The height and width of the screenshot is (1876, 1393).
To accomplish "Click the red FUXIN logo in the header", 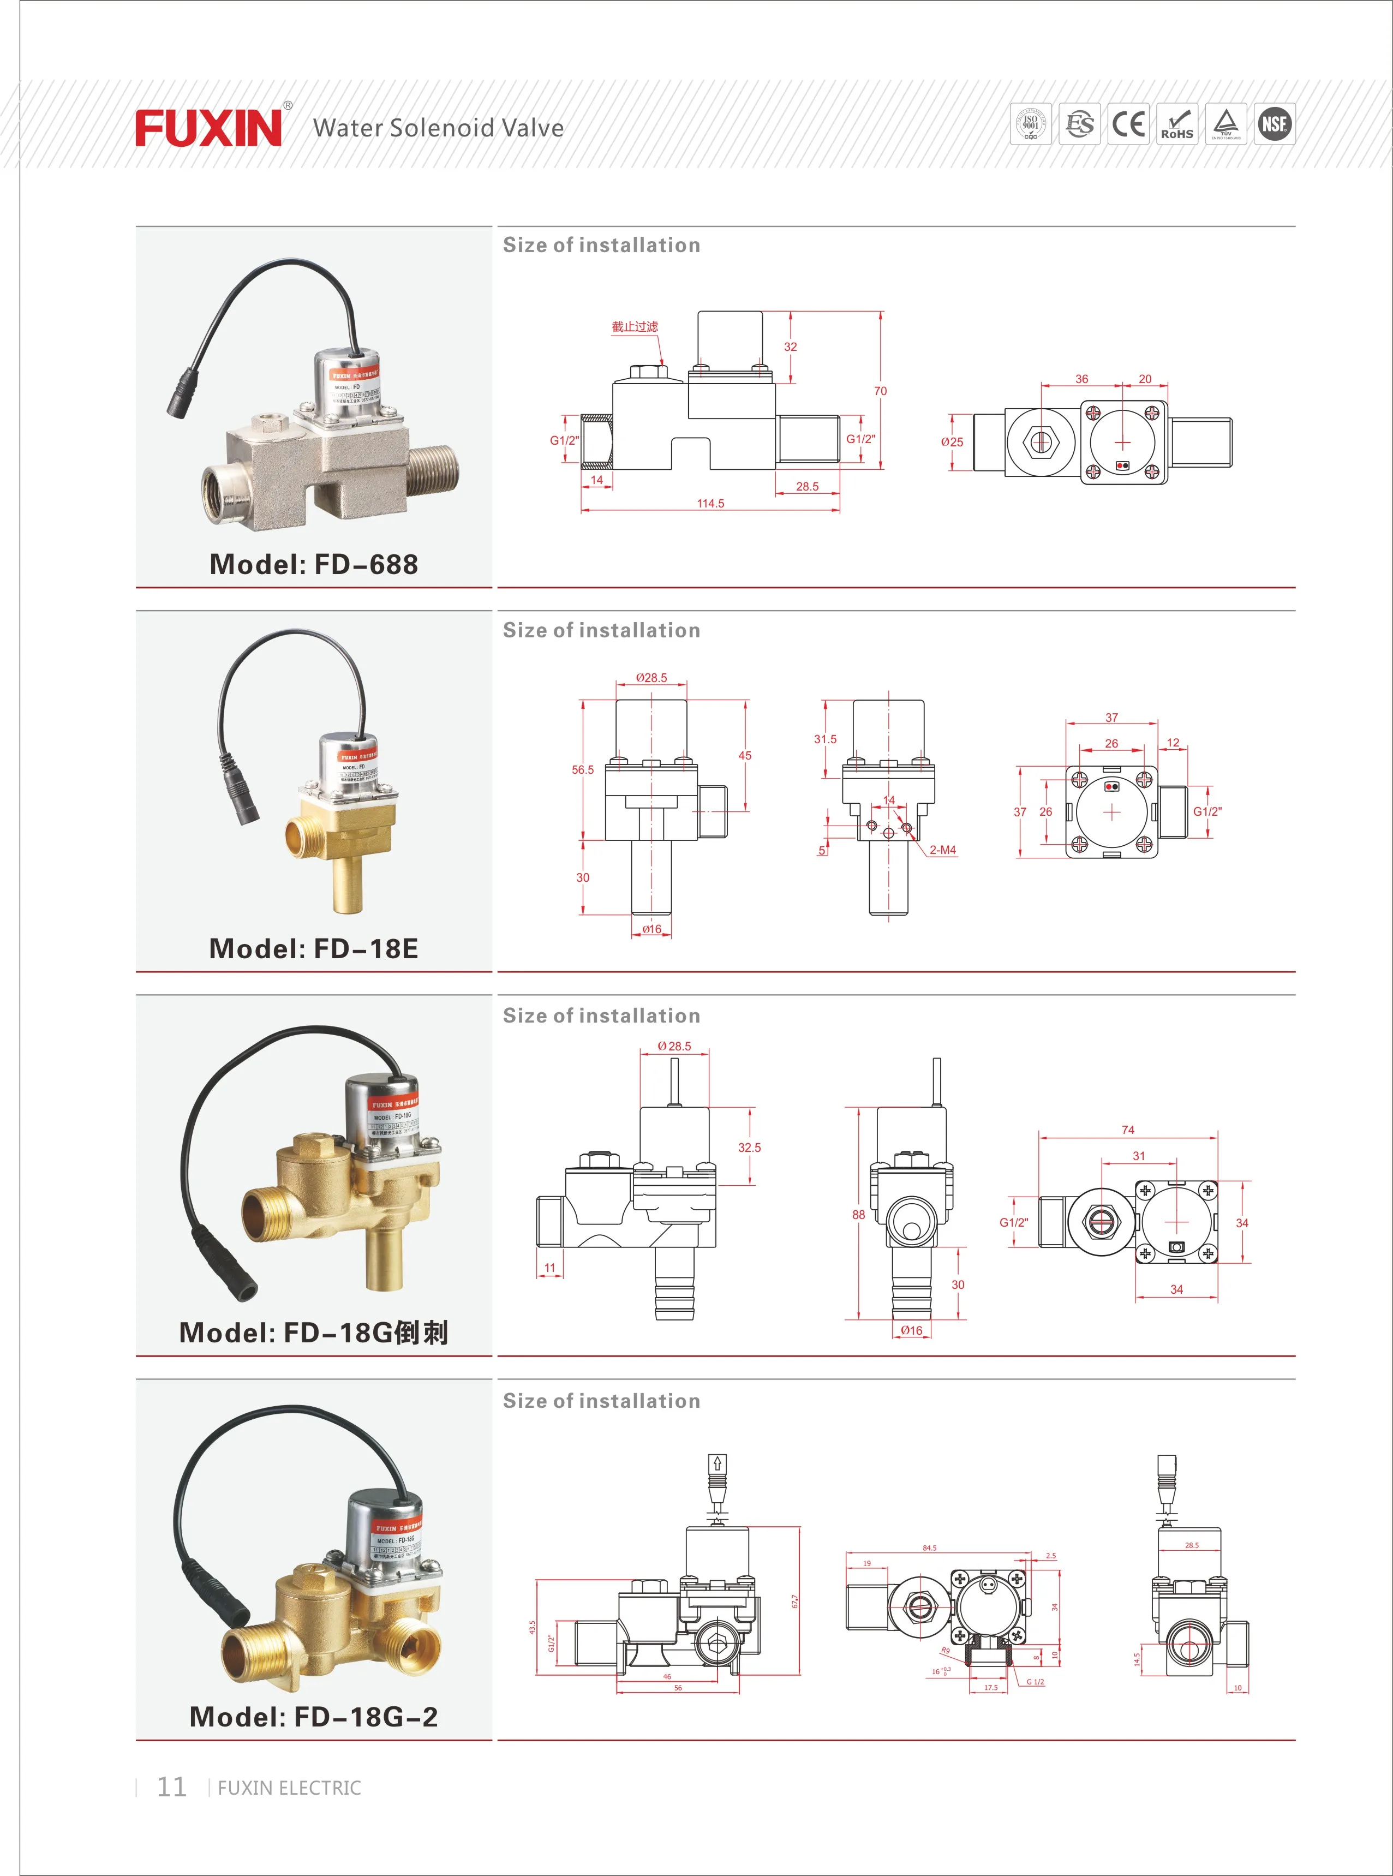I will (x=208, y=128).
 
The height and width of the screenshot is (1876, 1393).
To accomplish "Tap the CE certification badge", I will (x=1128, y=124).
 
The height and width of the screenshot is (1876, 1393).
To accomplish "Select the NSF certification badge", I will (x=1274, y=124).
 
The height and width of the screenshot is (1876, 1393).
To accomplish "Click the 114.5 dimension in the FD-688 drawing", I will (x=710, y=503).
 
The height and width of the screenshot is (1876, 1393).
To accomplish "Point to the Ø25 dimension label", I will (x=952, y=442).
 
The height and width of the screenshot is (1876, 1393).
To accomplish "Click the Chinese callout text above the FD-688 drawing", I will (x=635, y=326).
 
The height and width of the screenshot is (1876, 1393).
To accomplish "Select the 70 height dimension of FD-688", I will (x=880, y=391).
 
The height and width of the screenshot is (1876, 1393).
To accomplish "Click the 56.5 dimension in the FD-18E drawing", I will (x=583, y=770).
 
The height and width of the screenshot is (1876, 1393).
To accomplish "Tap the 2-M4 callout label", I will (x=943, y=850).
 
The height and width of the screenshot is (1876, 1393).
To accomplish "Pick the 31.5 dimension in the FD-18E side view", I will (x=826, y=739).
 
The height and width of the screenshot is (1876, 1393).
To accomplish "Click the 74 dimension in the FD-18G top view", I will (x=1128, y=1130).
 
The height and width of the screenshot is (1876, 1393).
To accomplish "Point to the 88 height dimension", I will (x=858, y=1215).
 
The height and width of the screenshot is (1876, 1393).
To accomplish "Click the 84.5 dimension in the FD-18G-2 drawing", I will (x=929, y=1548).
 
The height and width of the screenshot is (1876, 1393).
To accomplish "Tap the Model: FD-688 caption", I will (x=314, y=564).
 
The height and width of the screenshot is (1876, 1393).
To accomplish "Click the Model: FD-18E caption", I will (x=314, y=948).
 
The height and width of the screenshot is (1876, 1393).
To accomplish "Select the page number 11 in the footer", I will (x=171, y=1787).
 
